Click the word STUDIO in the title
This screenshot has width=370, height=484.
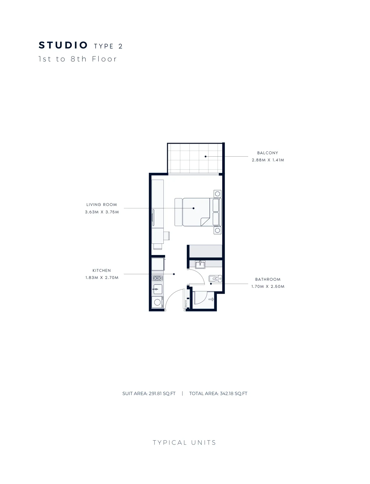pyautogui.click(x=63, y=45)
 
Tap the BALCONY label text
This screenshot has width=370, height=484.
pyautogui.click(x=267, y=153)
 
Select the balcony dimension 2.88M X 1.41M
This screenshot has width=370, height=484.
pyautogui.click(x=268, y=160)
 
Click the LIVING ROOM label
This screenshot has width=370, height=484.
pyautogui.click(x=102, y=205)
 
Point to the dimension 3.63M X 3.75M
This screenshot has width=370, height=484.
pyautogui.click(x=102, y=212)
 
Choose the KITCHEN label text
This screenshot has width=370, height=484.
pyautogui.click(x=102, y=270)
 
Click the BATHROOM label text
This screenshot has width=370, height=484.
pyautogui.click(x=268, y=279)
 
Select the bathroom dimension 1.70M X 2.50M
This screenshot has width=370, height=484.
pyautogui.click(x=268, y=286)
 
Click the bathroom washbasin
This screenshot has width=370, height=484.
pyautogui.click(x=200, y=264)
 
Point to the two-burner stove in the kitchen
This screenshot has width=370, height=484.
pyautogui.click(x=157, y=278)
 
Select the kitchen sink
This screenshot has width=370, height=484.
pyautogui.click(x=158, y=289)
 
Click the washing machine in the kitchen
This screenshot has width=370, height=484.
pyautogui.click(x=158, y=302)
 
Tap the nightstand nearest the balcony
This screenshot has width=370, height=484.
pyautogui.click(x=218, y=194)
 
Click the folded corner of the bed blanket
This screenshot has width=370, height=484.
pyautogui.click(x=205, y=221)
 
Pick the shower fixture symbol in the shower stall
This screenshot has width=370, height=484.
pyautogui.click(x=211, y=299)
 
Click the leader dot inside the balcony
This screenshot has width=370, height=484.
pyautogui.click(x=205, y=157)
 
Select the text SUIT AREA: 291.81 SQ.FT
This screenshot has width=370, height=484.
pyautogui.click(x=149, y=394)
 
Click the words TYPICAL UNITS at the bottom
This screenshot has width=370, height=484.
pyautogui.click(x=184, y=443)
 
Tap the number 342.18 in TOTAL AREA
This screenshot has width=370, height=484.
pyautogui.click(x=227, y=394)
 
